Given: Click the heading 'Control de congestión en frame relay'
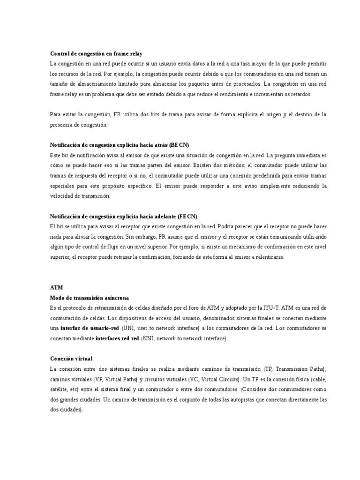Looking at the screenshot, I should click(x=96, y=54).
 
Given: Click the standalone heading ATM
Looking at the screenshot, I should click(x=56, y=287).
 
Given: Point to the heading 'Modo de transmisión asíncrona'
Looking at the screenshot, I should click(x=89, y=298).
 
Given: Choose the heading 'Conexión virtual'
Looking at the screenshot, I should click(x=71, y=359).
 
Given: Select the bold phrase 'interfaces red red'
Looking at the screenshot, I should click(x=117, y=338).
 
